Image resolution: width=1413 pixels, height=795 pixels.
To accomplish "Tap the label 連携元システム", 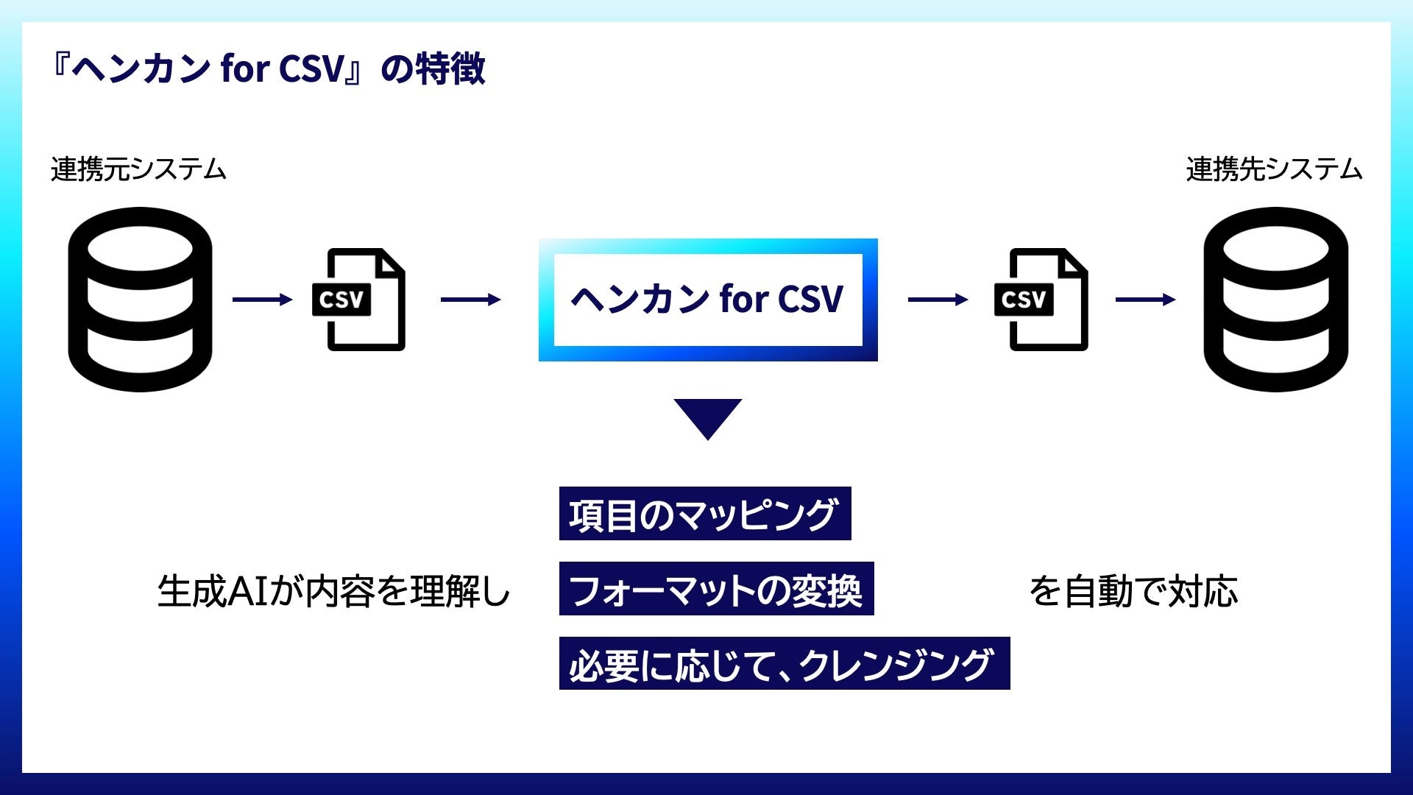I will [x=138, y=170].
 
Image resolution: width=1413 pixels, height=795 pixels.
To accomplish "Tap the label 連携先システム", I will [x=1274, y=170].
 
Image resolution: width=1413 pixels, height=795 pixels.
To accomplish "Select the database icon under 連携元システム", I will [x=140, y=299].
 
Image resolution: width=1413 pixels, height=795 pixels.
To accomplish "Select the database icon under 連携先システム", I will [x=1275, y=299].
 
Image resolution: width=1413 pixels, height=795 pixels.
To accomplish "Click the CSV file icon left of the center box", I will [x=359, y=300].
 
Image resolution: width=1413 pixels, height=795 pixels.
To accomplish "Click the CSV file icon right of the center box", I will [x=1041, y=300].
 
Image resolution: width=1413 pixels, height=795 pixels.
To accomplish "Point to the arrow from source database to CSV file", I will [x=262, y=300].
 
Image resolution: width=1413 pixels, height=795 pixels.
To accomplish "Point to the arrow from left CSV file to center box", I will [x=470, y=300].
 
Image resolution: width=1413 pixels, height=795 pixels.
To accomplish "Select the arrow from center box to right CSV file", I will [x=938, y=300].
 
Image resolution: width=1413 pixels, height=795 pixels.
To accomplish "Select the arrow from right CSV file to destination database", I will [x=1145, y=300].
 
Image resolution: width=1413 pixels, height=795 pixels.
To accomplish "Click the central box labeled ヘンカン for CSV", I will [x=707, y=300].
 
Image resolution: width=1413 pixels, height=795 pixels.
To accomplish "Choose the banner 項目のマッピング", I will [x=704, y=514].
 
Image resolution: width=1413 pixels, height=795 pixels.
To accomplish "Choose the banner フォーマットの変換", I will [x=716, y=589].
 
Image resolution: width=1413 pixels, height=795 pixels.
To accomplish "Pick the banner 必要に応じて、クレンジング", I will [x=784, y=664].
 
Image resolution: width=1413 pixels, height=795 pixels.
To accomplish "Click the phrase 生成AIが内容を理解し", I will [x=333, y=591].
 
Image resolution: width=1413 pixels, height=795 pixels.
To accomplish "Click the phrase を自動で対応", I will [x=1133, y=591].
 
